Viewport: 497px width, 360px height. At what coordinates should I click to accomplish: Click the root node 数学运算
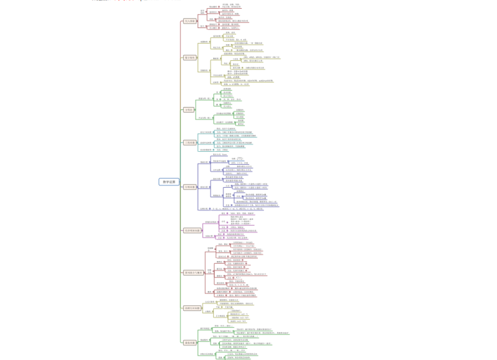pos(167,182)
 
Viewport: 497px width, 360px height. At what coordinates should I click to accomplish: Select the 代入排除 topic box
pos(189,21)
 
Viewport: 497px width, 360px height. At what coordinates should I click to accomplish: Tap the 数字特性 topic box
pos(189,57)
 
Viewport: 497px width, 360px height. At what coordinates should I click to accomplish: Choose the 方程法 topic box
pos(189,109)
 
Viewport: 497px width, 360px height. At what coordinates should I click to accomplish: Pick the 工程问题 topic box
pos(189,142)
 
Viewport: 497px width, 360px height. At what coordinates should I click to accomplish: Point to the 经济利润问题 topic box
pos(191,230)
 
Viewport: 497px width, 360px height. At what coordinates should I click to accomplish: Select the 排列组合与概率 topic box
pos(193,272)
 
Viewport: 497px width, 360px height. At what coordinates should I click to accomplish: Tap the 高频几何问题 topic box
pos(191,308)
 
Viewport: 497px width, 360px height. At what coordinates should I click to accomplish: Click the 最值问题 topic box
pos(189,342)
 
